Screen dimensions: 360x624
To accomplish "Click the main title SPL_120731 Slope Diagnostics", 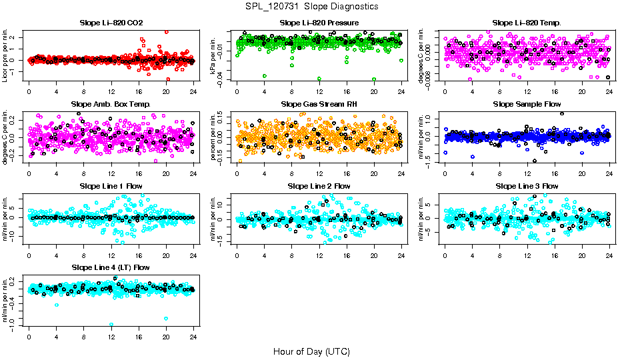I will click(x=311, y=6).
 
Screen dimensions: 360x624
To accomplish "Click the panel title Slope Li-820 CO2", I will click(x=111, y=23).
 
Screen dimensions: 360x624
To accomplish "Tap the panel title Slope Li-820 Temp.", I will click(x=527, y=23).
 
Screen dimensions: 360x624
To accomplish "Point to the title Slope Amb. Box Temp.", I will click(x=111, y=104).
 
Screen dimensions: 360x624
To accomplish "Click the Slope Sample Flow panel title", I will click(x=527, y=104).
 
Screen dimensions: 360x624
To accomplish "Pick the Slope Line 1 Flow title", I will click(x=111, y=186).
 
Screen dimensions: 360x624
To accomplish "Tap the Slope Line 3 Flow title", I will click(x=527, y=186).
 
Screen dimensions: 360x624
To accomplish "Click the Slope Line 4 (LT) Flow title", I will click(x=111, y=267).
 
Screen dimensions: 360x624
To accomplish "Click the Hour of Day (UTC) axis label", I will click(x=311, y=351).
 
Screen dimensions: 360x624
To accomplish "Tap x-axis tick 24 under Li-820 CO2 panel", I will click(x=193, y=91).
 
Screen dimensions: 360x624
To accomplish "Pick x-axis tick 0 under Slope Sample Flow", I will click(x=445, y=173).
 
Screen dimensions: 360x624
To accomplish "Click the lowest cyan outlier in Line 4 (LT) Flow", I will click(x=111, y=325).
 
